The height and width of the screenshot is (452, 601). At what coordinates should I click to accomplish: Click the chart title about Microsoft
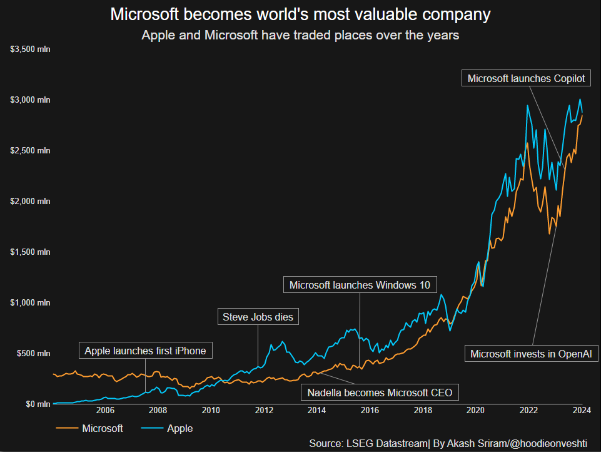[300, 14]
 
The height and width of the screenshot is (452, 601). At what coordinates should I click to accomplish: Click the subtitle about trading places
[300, 35]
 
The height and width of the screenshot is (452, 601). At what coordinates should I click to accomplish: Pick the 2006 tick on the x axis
[105, 411]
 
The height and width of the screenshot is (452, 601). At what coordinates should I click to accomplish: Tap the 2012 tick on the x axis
[264, 411]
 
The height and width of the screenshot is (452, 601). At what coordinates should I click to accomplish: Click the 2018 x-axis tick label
[423, 411]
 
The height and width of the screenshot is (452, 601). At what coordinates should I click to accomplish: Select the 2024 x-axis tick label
[582, 411]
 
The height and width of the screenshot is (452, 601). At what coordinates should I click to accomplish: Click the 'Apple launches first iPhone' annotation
[145, 351]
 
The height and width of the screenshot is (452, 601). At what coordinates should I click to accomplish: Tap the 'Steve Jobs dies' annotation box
[258, 317]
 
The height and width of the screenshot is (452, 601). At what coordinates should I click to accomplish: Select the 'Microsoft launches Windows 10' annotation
[360, 285]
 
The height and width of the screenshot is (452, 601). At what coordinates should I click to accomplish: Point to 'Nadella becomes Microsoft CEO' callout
[380, 393]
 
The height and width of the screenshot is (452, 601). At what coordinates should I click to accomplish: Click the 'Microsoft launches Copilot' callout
[526, 78]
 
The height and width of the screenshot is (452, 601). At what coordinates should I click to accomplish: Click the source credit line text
[448, 443]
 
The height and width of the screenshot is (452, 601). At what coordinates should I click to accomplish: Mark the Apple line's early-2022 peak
[528, 106]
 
